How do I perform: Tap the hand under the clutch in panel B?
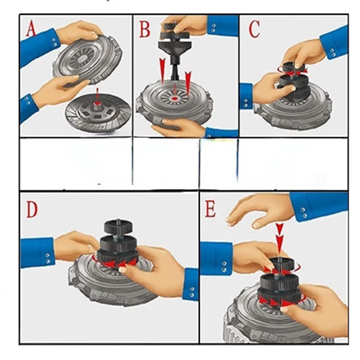coord(177,126)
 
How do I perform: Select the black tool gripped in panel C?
coord(291,80)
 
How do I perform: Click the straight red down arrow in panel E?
coord(278,238)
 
